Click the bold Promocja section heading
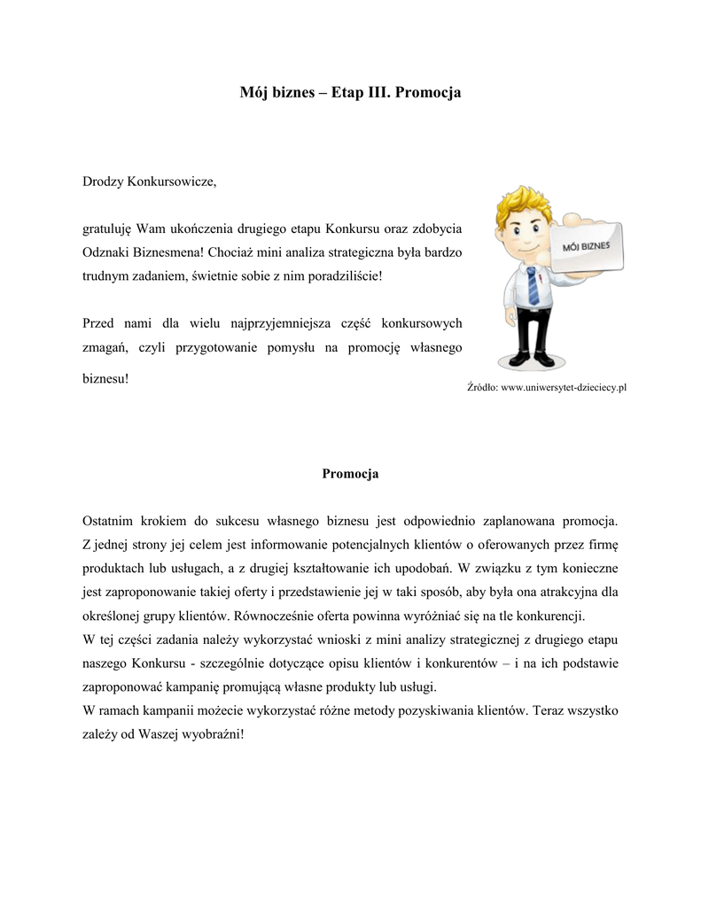pyautogui.click(x=350, y=474)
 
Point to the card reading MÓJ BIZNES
pyautogui.click(x=586, y=244)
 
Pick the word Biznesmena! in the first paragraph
pyautogui.click(x=167, y=252)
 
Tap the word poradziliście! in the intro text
pyautogui.click(x=346, y=275)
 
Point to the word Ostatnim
pyautogui.click(x=109, y=518)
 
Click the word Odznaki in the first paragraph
pyautogui.click(x=105, y=252)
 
